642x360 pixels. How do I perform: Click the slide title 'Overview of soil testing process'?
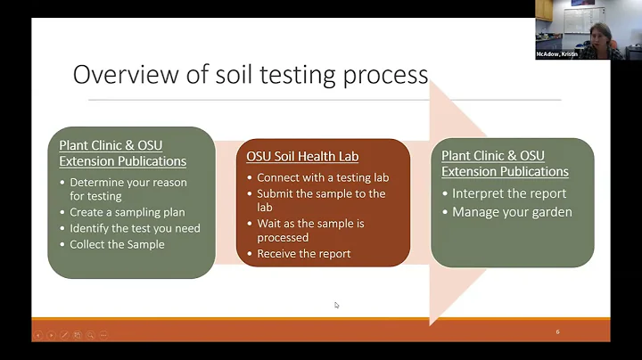(251, 74)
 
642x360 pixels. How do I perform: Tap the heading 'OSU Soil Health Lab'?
(302, 157)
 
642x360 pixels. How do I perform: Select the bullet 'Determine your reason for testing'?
(128, 190)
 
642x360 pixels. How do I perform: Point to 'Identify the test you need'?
(135, 228)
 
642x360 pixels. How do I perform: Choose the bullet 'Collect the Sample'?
(117, 244)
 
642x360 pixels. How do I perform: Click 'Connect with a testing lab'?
(322, 177)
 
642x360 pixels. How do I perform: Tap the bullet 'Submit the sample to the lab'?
(321, 200)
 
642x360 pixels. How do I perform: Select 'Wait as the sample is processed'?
(310, 231)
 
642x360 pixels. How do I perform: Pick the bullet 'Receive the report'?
(303, 254)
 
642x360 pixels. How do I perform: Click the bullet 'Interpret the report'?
(509, 193)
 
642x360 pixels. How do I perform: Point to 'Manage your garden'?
(512, 212)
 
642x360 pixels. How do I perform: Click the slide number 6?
(557, 331)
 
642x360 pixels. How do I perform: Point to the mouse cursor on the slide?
(336, 305)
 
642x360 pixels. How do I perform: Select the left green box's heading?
(122, 153)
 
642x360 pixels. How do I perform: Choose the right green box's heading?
(505, 163)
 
